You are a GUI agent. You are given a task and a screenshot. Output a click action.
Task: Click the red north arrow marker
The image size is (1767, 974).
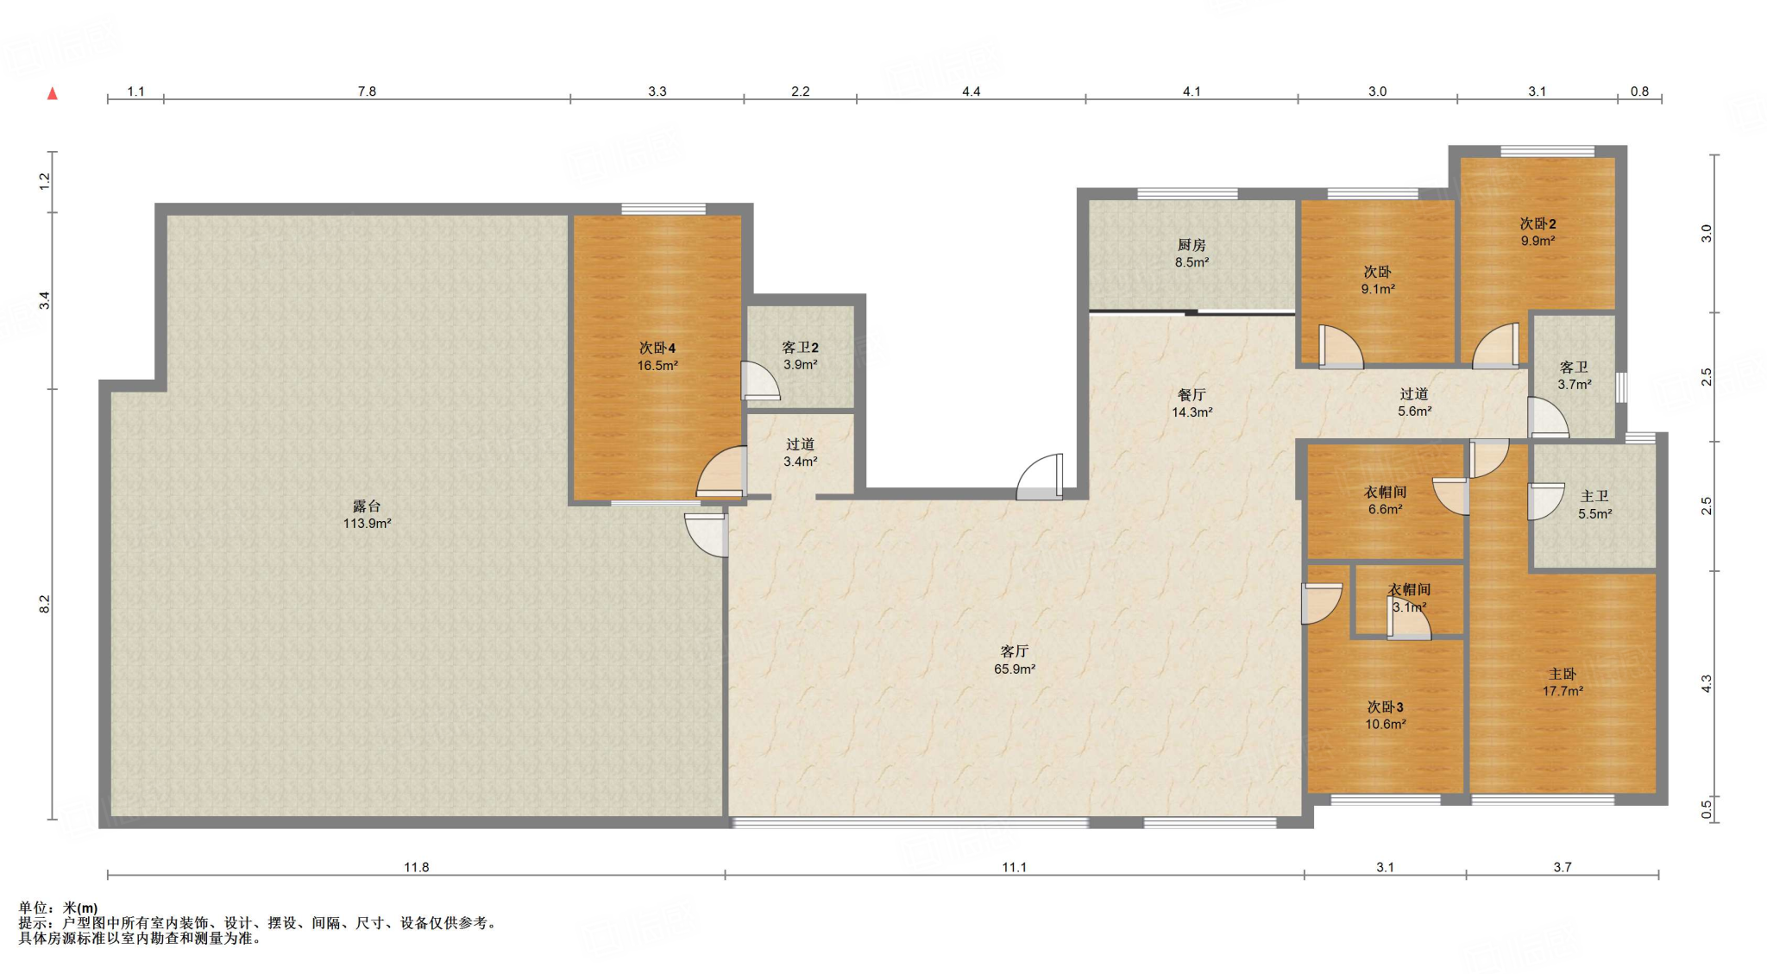(x=52, y=93)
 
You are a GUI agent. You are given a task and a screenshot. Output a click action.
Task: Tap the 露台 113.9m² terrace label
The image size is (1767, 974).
(x=367, y=514)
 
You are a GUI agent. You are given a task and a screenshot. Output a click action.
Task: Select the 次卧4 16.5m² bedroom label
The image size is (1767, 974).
(x=657, y=356)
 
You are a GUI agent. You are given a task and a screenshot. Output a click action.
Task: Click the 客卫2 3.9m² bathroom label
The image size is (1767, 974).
(x=801, y=355)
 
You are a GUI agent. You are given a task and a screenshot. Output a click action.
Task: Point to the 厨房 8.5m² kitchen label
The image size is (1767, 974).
(x=1192, y=254)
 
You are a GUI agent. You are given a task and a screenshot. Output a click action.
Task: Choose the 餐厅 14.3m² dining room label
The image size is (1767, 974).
(x=1192, y=403)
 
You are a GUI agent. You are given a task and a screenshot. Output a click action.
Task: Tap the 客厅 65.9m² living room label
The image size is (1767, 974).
(x=1015, y=660)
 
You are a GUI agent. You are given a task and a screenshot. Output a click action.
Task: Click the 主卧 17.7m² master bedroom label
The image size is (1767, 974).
(x=1563, y=682)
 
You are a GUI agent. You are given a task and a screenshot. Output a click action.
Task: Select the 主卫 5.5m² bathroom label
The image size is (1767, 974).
(x=1594, y=505)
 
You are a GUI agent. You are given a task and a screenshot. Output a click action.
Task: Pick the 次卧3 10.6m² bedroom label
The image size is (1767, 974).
(x=1386, y=715)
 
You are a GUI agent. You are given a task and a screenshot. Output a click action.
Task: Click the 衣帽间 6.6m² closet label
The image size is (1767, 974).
(x=1386, y=500)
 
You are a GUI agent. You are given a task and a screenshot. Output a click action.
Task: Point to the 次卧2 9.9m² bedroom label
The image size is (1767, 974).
(x=1537, y=232)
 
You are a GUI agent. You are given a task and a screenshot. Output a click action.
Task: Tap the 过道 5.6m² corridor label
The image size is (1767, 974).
(x=1414, y=403)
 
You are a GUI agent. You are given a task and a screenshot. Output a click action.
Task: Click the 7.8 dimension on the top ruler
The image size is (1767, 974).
(x=367, y=91)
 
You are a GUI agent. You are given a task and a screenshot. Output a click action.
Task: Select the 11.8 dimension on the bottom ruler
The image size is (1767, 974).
(x=417, y=867)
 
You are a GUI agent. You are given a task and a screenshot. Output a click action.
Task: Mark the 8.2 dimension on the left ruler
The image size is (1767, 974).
(x=45, y=604)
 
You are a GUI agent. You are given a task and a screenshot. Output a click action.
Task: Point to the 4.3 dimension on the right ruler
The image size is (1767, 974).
(x=1706, y=683)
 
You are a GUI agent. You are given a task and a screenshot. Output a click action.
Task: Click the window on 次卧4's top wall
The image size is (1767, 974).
(x=663, y=209)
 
